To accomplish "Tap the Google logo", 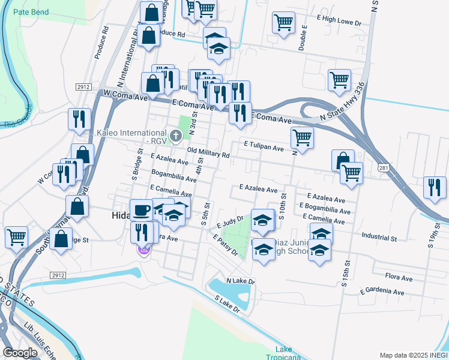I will [x=20, y=353].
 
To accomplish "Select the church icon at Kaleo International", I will [x=176, y=136].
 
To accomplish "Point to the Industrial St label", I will [x=379, y=238].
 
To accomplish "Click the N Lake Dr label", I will [x=241, y=281].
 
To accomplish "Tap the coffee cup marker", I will [x=141, y=210].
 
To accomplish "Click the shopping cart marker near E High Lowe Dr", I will [x=283, y=23].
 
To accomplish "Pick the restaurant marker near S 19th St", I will [x=435, y=187].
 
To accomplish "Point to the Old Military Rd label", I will [x=208, y=154].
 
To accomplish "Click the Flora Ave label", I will [x=399, y=278].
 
